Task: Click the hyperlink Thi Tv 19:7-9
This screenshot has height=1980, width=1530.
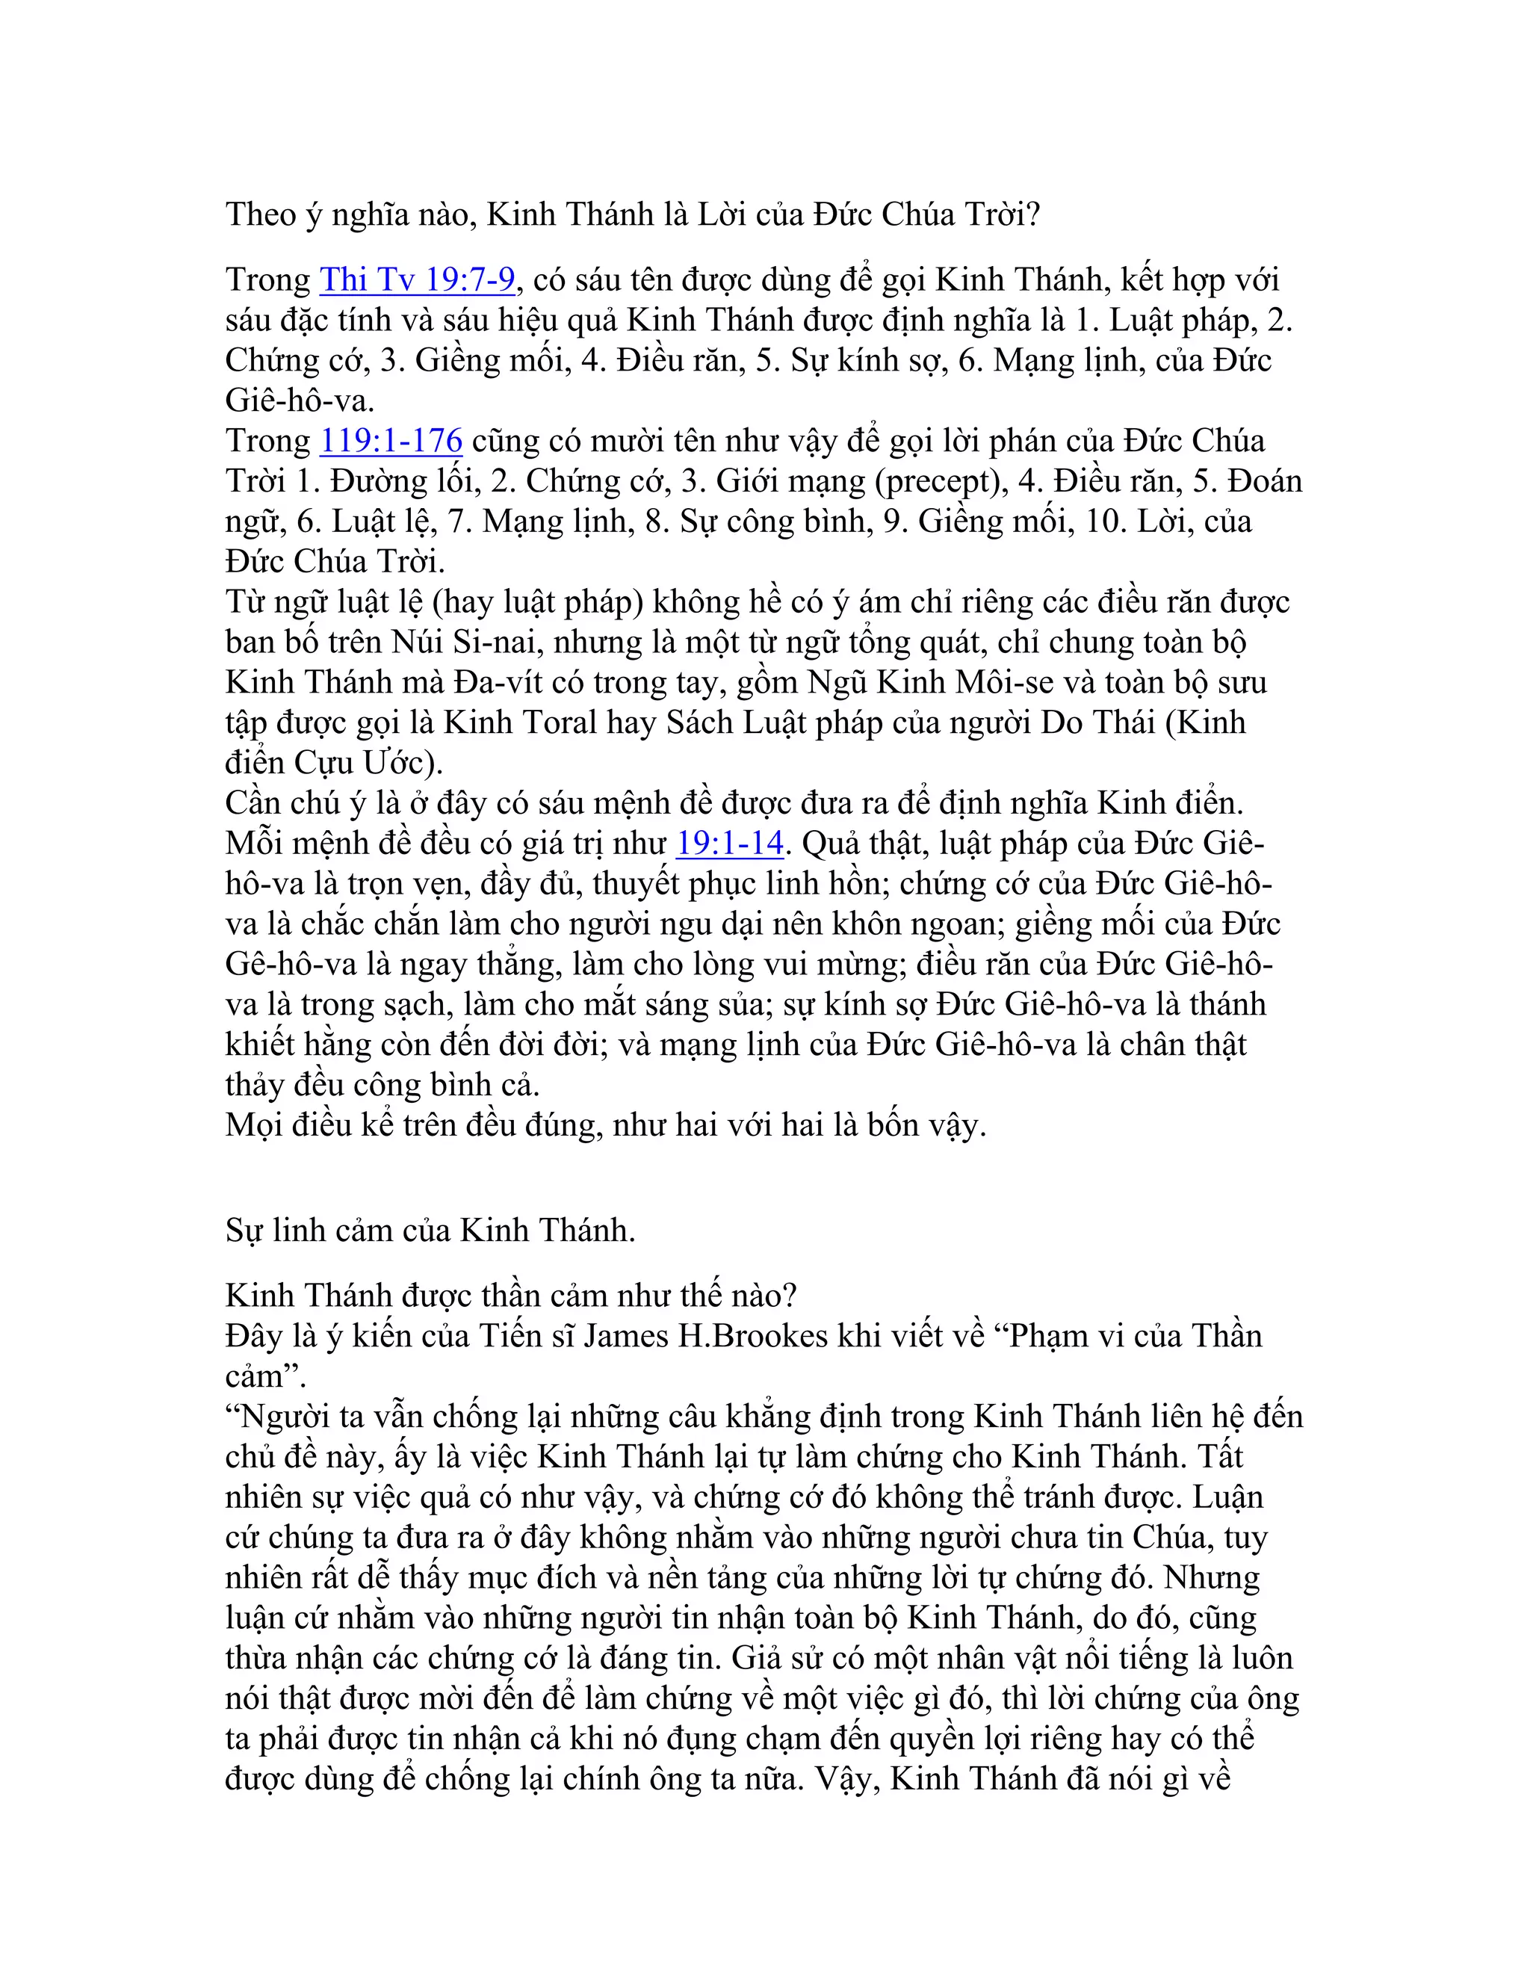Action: coord(417,279)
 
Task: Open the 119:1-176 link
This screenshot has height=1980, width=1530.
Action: coord(391,441)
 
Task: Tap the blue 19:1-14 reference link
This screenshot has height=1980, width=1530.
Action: coord(728,843)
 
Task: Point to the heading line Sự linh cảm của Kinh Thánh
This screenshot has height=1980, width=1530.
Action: coord(430,1231)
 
